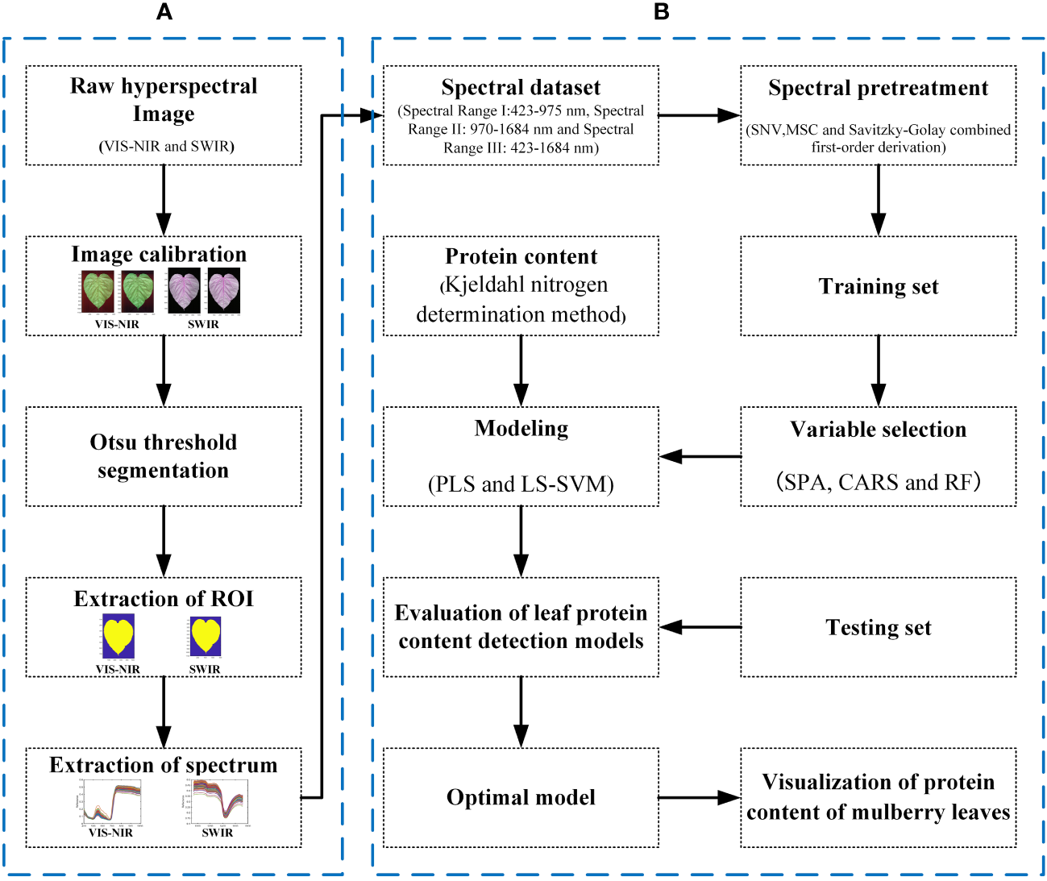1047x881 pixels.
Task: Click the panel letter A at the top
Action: (164, 11)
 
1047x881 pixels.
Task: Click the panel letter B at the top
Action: (662, 11)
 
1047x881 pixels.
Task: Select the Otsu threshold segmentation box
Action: (164, 456)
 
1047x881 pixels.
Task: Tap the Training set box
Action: (879, 286)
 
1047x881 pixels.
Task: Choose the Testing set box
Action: (879, 627)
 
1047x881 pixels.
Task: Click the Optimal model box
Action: (521, 797)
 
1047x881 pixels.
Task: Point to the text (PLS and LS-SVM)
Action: (521, 484)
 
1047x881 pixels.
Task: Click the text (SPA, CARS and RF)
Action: (879, 482)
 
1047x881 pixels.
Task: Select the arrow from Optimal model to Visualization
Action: (699, 798)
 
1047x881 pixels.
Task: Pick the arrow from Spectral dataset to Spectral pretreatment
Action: (699, 115)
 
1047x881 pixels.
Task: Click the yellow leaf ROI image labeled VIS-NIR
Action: (118, 636)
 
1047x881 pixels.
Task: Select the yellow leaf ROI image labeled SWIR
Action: (205, 636)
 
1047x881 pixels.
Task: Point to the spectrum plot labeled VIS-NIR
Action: (110, 801)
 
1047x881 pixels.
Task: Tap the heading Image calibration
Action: (159, 254)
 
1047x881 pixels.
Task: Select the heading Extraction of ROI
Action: (164, 598)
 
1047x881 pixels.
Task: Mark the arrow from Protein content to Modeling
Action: (521, 371)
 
